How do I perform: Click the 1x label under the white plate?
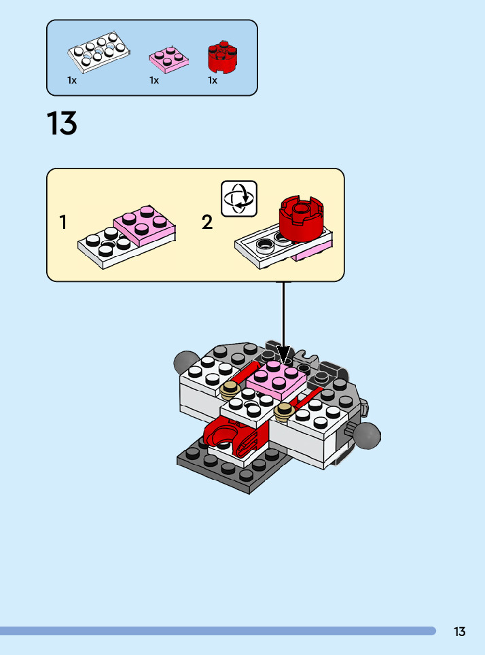click(x=72, y=80)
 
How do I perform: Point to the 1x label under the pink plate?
click(x=154, y=80)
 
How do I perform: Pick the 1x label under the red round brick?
click(x=213, y=80)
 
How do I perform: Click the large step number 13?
click(x=62, y=124)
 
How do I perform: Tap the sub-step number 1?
click(x=63, y=222)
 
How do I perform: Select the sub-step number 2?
click(x=207, y=222)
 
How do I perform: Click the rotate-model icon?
click(x=239, y=198)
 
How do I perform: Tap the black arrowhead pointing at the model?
click(x=284, y=355)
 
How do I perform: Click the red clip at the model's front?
click(x=227, y=435)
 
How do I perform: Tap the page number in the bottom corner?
click(x=460, y=632)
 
